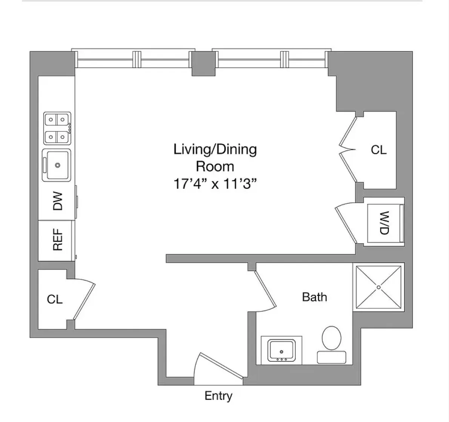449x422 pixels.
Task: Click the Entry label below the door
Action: pyautogui.click(x=218, y=396)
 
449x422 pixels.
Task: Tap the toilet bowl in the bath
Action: pyautogui.click(x=332, y=337)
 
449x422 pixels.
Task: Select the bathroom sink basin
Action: pyautogui.click(x=281, y=350)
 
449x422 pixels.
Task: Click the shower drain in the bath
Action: pyautogui.click(x=378, y=287)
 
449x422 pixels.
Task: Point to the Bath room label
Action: pyautogui.click(x=314, y=297)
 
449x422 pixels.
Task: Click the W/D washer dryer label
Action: pyautogui.click(x=384, y=223)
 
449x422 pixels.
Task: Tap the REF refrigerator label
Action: pyautogui.click(x=57, y=240)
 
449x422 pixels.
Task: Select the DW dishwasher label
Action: pyautogui.click(x=57, y=201)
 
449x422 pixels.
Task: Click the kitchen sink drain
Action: pyautogui.click(x=57, y=165)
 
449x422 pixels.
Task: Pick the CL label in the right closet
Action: pyautogui.click(x=378, y=150)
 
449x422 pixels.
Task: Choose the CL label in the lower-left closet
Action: pyautogui.click(x=55, y=299)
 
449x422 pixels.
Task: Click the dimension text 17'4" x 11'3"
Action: pyautogui.click(x=215, y=184)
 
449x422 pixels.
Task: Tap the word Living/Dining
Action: pyautogui.click(x=215, y=149)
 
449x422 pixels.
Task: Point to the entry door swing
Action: pyautogui.click(x=217, y=368)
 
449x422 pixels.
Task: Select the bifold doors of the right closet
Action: pyautogui.click(x=348, y=150)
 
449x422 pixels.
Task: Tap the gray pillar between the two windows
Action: pyautogui.click(x=203, y=63)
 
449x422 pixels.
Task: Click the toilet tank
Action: pyautogui.click(x=331, y=357)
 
